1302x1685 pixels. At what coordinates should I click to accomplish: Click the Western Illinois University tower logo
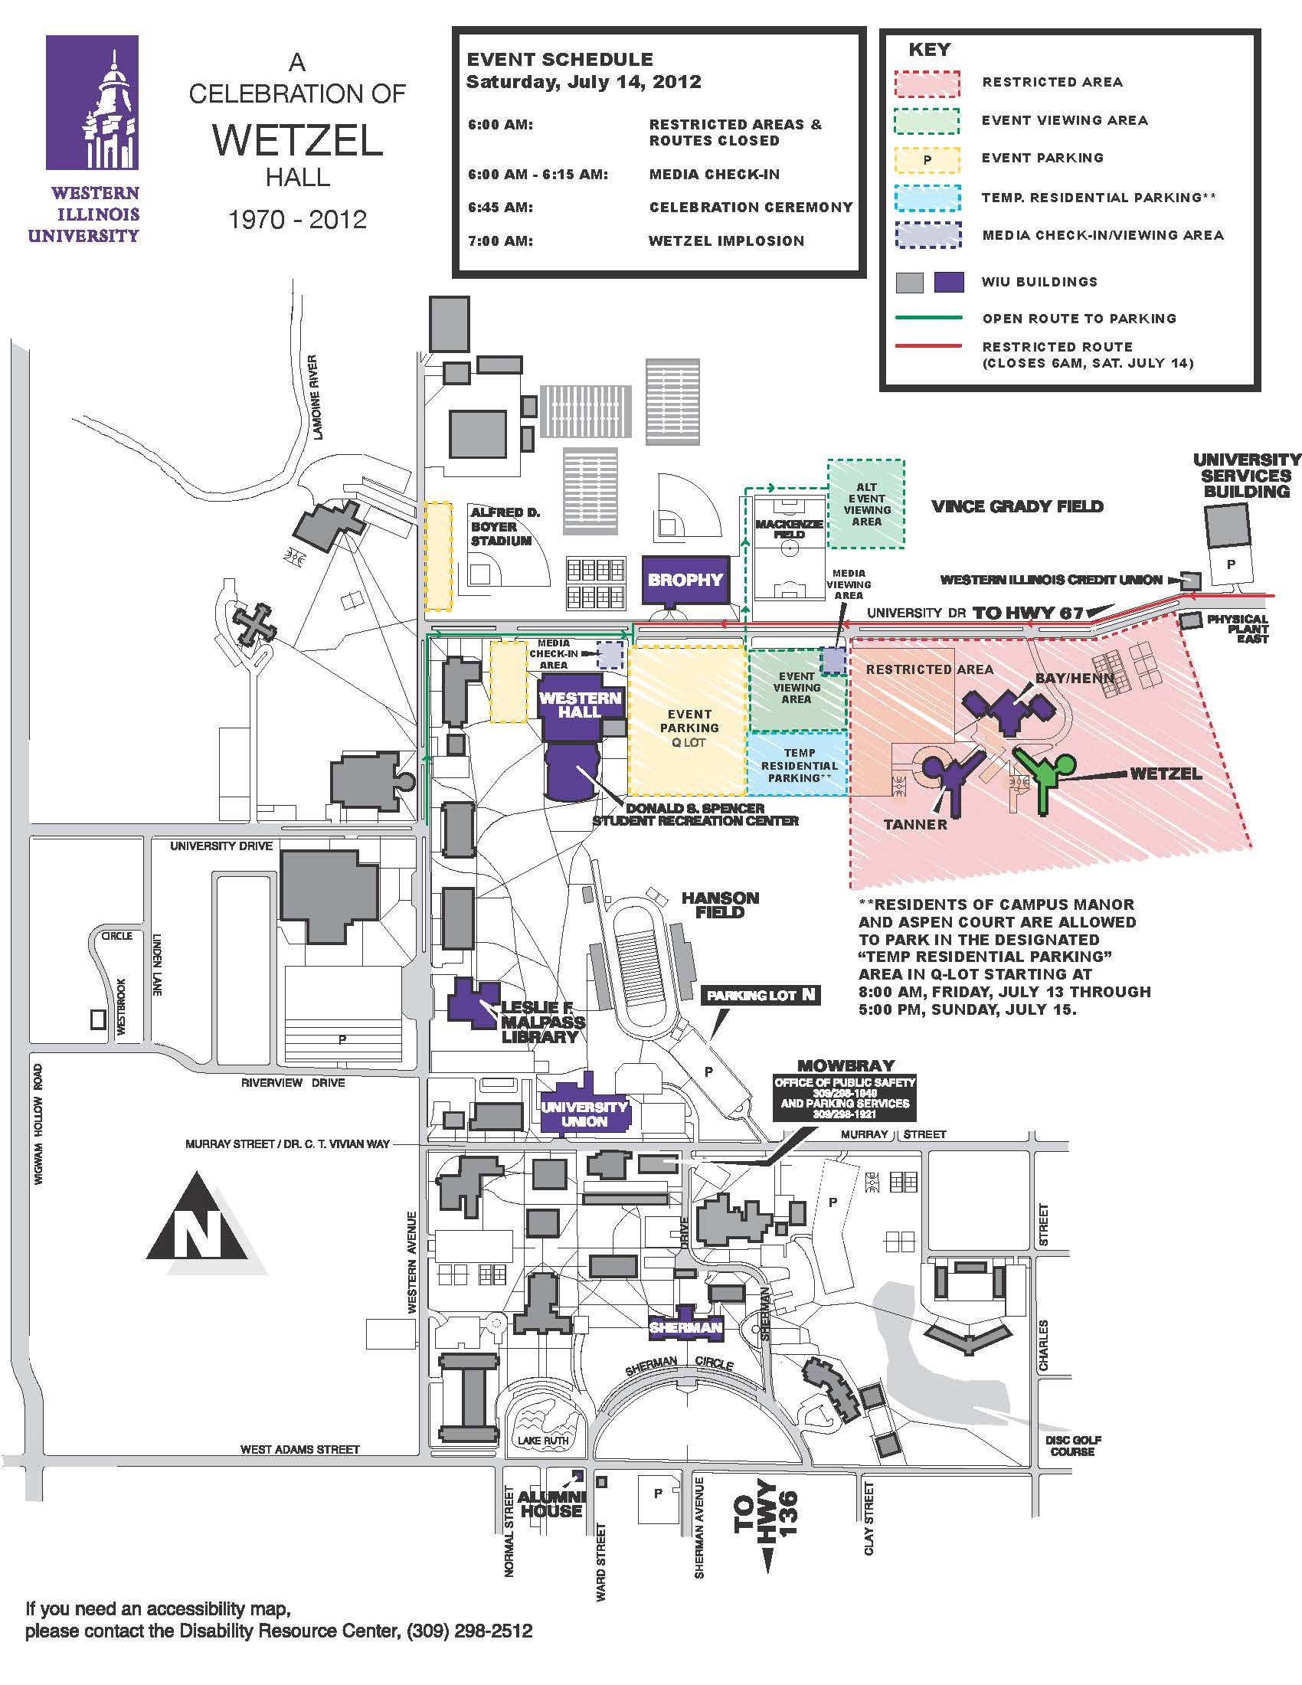[93, 103]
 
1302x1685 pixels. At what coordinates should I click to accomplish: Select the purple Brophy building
[685, 580]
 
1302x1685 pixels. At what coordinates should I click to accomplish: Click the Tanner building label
[914, 824]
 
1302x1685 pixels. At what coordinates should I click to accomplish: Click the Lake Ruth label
[542, 1440]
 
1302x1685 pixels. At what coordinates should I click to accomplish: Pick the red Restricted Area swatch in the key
[927, 83]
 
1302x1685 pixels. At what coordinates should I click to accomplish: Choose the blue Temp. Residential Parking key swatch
[927, 198]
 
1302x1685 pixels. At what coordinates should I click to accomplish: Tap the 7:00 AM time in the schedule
[500, 241]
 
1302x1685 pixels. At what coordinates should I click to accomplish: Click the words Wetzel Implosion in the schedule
[726, 241]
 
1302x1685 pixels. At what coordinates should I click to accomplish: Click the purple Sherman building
[685, 1328]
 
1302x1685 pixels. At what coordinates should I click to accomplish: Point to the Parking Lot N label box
[760, 995]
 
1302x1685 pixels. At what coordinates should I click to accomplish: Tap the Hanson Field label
[720, 905]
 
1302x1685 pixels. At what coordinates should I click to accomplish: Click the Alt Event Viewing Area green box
[865, 504]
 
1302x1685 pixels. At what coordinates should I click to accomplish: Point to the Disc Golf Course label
[1073, 1446]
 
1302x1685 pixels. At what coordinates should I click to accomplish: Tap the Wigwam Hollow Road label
[38, 1124]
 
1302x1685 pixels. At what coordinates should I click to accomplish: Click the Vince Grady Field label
[1017, 507]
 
